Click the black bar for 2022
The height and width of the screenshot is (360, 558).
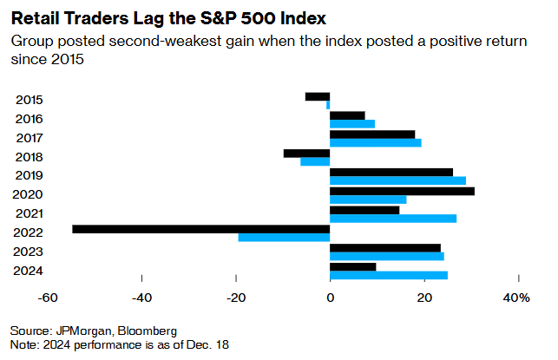tap(201, 229)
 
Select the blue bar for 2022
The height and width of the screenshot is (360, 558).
tap(284, 238)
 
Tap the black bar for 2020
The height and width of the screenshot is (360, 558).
tap(402, 191)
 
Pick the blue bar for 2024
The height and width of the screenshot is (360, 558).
tap(389, 276)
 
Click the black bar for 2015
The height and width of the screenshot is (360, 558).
tap(318, 96)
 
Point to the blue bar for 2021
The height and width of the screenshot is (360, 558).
tap(393, 219)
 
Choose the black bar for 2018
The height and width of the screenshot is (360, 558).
tap(306, 154)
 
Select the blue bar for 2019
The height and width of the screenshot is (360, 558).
tap(397, 180)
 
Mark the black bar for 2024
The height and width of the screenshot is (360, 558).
tap(352, 266)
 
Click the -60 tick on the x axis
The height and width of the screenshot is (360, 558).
tap(49, 299)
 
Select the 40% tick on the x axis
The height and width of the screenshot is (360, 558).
tap(516, 299)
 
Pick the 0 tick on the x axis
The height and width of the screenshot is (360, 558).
tap(330, 299)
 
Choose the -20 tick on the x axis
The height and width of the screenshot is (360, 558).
tap(235, 299)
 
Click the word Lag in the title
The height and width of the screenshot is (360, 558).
tap(135, 17)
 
